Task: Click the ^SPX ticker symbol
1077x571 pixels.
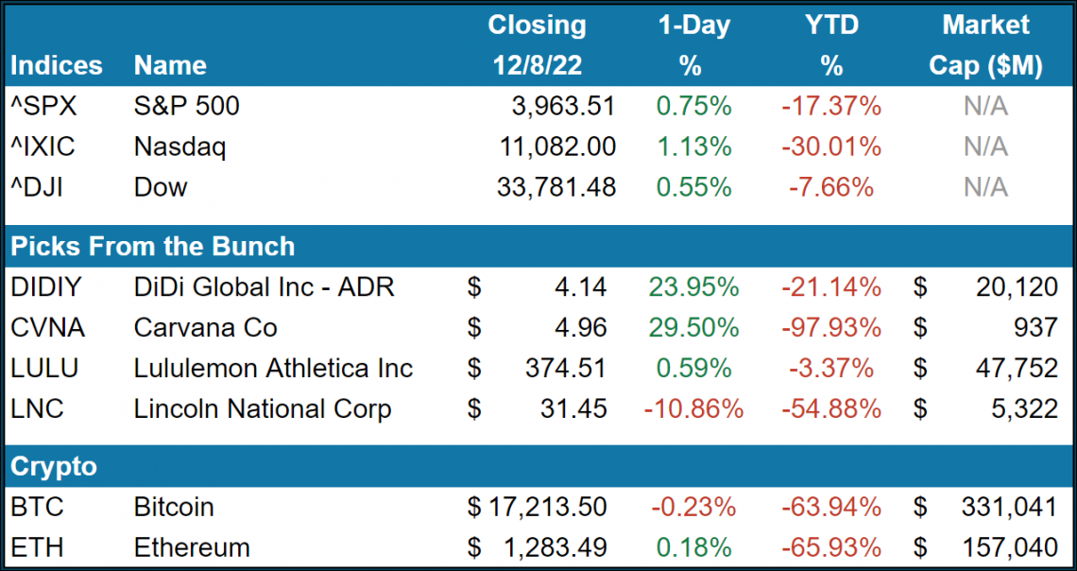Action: click(x=43, y=106)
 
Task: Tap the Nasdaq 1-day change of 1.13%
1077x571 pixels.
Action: click(x=693, y=147)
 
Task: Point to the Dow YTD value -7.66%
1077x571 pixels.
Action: click(x=830, y=187)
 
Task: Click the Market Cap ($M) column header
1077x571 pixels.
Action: click(x=985, y=44)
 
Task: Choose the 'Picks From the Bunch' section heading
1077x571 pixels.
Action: click(x=152, y=247)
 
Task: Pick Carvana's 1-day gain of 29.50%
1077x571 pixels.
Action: click(x=693, y=327)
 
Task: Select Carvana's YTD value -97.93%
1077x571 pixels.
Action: click(x=830, y=327)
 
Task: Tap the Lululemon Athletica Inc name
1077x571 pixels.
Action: click(x=273, y=368)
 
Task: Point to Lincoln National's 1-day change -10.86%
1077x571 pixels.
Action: click(x=693, y=408)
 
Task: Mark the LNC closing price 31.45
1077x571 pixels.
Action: click(x=574, y=408)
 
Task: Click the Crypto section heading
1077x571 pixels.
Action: click(x=53, y=466)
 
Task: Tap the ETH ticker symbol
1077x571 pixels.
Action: click(x=37, y=547)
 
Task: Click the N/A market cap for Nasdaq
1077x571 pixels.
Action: click(x=985, y=147)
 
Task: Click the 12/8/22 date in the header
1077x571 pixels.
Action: click(x=537, y=65)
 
